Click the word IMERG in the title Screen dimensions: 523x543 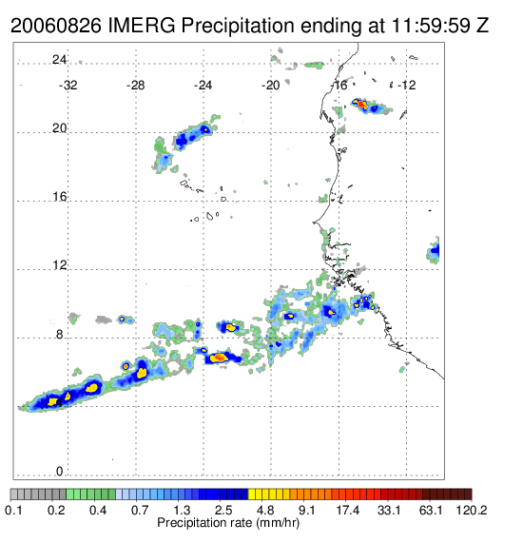[142, 26]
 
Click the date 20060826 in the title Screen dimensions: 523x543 [56, 26]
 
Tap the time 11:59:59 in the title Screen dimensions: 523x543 [431, 26]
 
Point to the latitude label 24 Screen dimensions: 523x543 [59, 60]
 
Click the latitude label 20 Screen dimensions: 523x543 [59, 128]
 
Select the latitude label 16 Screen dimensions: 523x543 [59, 197]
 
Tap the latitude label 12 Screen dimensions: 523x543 [59, 265]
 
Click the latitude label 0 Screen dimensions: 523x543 [60, 471]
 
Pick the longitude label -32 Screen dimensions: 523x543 [68, 85]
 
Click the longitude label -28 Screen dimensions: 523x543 [135, 85]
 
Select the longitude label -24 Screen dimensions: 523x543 [203, 85]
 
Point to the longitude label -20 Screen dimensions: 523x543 [270, 85]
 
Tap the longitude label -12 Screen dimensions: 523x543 [406, 85]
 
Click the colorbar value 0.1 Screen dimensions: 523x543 [14, 510]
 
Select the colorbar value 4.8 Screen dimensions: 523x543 [265, 510]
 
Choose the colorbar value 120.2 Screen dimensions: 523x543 [472, 510]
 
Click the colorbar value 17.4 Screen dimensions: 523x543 [348, 510]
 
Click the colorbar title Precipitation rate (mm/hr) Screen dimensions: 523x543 [228, 523]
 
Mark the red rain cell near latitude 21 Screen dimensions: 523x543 [361, 104]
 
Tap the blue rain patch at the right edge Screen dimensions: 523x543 [435, 250]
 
